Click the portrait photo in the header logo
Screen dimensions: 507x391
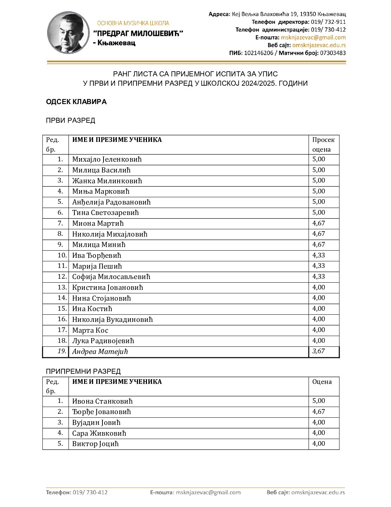click(68, 32)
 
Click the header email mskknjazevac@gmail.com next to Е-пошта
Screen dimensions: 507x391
click(313, 37)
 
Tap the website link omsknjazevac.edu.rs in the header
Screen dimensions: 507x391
click(319, 45)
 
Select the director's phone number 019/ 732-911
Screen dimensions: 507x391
click(328, 22)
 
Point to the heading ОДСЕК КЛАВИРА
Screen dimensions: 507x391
click(76, 102)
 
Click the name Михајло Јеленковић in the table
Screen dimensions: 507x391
click(107, 160)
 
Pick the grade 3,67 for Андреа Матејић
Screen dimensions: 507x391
click(318, 351)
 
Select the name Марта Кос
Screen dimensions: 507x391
click(90, 330)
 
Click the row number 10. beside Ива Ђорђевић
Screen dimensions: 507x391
click(62, 255)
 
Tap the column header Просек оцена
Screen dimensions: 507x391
click(323, 144)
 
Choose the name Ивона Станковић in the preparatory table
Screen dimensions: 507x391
click(102, 401)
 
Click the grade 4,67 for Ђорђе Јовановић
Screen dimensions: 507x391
click(318, 412)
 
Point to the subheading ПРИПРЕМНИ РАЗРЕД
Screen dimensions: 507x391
click(83, 371)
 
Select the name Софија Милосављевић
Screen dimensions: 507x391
click(111, 277)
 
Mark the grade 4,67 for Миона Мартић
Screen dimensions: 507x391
click(318, 223)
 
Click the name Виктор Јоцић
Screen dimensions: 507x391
click(95, 444)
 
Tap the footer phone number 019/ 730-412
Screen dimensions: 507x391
click(90, 492)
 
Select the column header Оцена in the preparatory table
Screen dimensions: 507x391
click(322, 382)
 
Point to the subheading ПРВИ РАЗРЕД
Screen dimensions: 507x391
click(70, 120)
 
